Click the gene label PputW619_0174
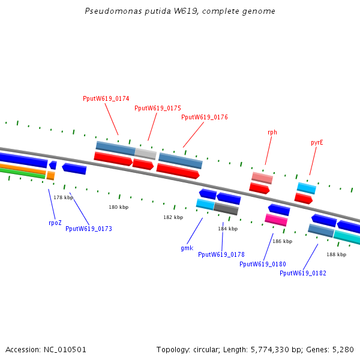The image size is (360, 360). pyautogui.click(x=106, y=98)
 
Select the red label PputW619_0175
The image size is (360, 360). pyautogui.click(x=158, y=108)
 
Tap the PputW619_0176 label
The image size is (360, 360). pyautogui.click(x=205, y=117)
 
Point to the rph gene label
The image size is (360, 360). pyautogui.click(x=272, y=132)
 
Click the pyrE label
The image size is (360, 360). pyautogui.click(x=317, y=143)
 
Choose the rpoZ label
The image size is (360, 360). pyautogui.click(x=55, y=223)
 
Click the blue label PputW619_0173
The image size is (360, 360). pyautogui.click(x=89, y=229)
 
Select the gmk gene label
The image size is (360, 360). pyautogui.click(x=187, y=248)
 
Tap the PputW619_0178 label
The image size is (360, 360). pyautogui.click(x=221, y=254)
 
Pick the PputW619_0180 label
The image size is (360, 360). pyautogui.click(x=263, y=264)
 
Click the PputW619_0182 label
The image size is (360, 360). pyautogui.click(x=303, y=273)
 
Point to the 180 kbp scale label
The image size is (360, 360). pyautogui.click(x=118, y=207)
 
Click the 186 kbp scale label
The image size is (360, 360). pyautogui.click(x=283, y=241)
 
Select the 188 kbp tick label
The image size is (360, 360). pyautogui.click(x=337, y=254)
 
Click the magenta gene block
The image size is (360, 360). pyautogui.click(x=276, y=220)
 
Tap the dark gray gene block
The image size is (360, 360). pyautogui.click(x=226, y=209)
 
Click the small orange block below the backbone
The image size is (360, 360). pyautogui.click(x=51, y=176)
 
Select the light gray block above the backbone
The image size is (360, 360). pyautogui.click(x=146, y=154)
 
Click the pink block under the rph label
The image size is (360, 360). pyautogui.click(x=262, y=178)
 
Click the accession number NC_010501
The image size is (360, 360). pyautogui.click(x=65, y=349)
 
